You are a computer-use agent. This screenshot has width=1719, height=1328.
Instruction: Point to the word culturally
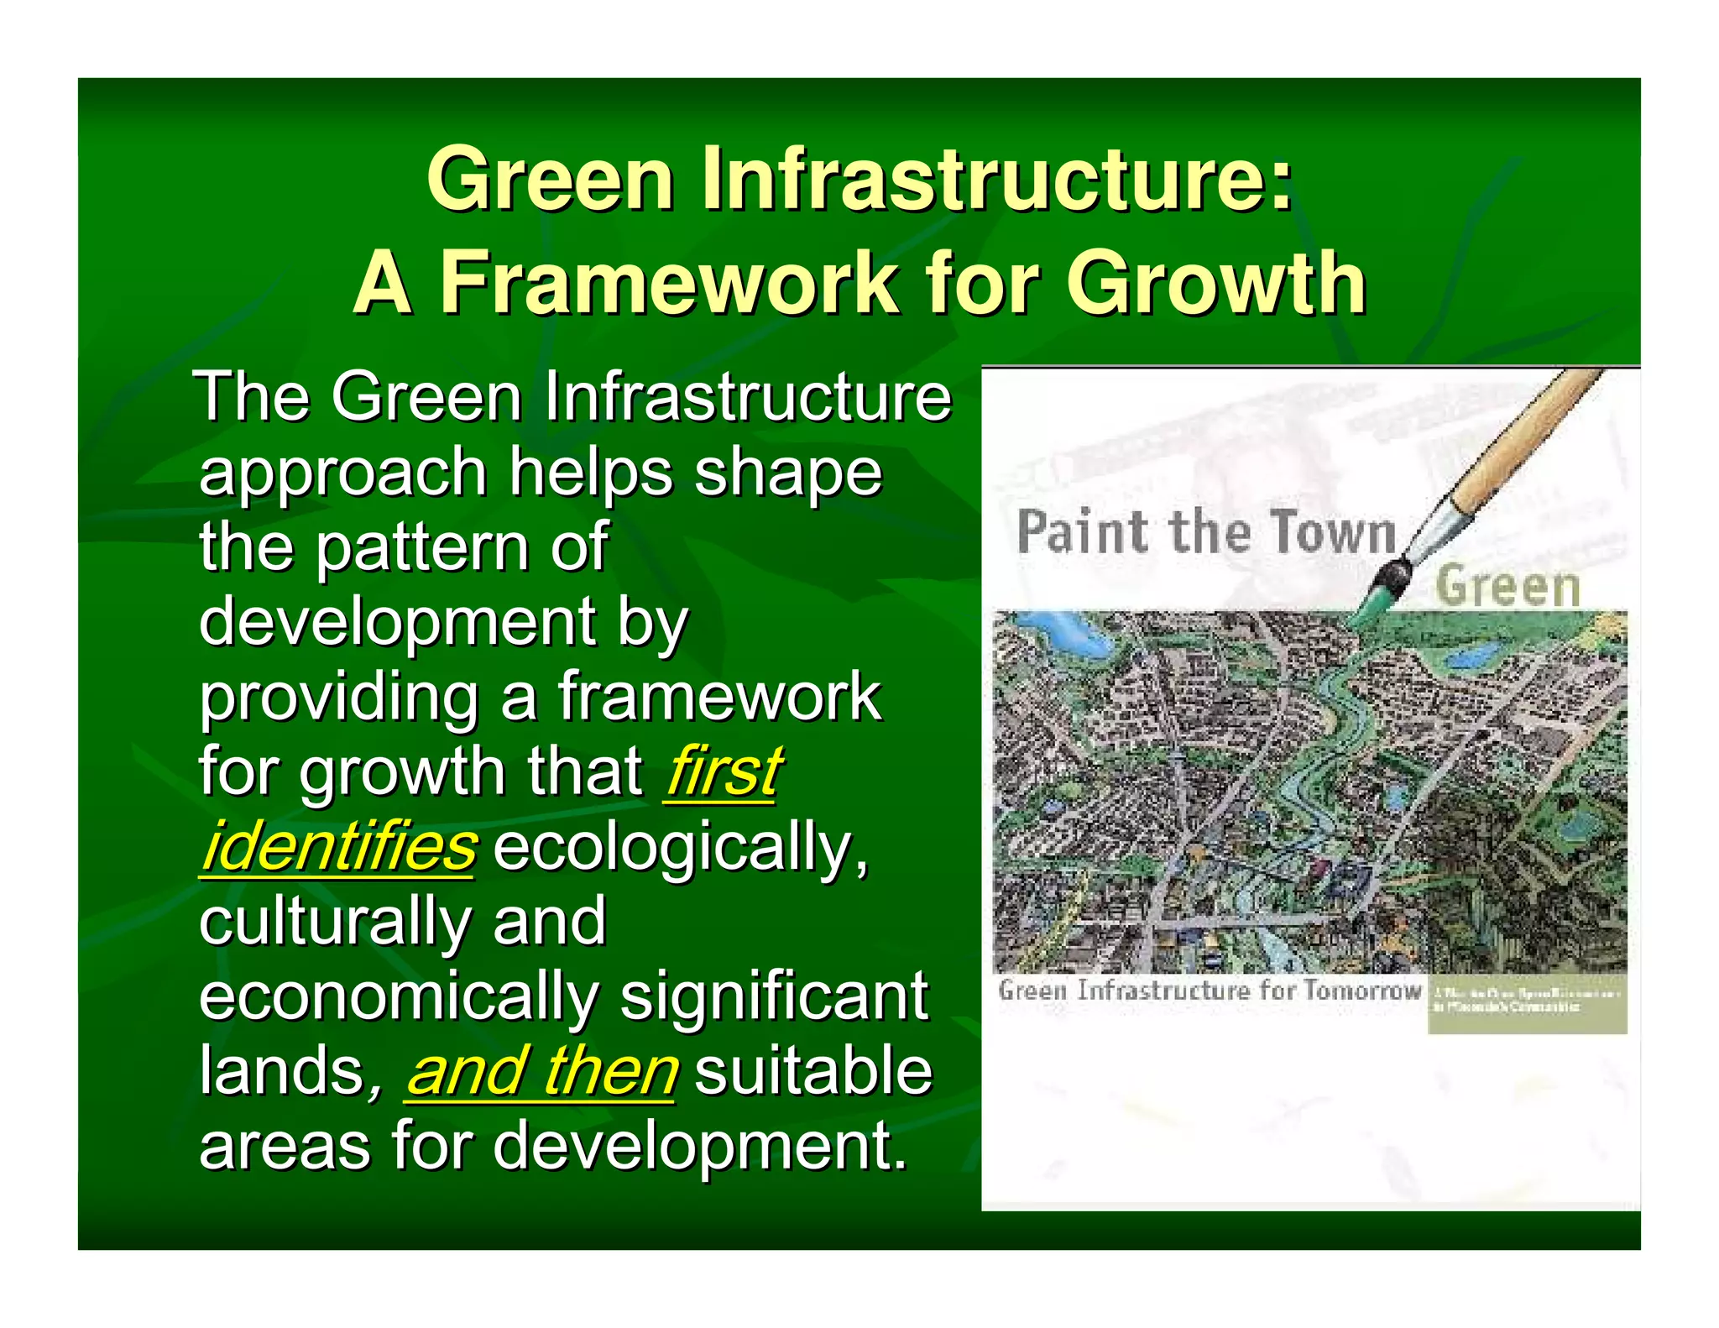[x=334, y=922]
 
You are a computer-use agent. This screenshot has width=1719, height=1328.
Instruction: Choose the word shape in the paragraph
[x=787, y=473]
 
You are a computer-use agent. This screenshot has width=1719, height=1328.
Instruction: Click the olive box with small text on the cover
[x=1526, y=1004]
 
